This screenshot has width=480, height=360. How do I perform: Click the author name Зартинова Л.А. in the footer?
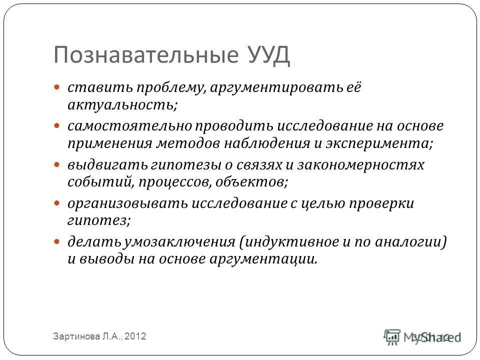(86, 337)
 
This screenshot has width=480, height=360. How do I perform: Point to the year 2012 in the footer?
(134, 337)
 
